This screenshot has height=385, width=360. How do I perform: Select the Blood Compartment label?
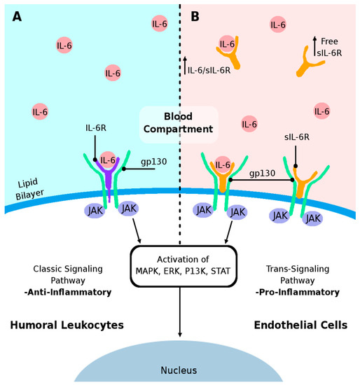[179, 122]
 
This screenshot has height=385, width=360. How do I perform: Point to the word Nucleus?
[180, 370]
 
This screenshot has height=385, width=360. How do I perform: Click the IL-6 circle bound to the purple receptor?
[107, 160]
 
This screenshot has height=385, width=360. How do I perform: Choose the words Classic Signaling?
[68, 267]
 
